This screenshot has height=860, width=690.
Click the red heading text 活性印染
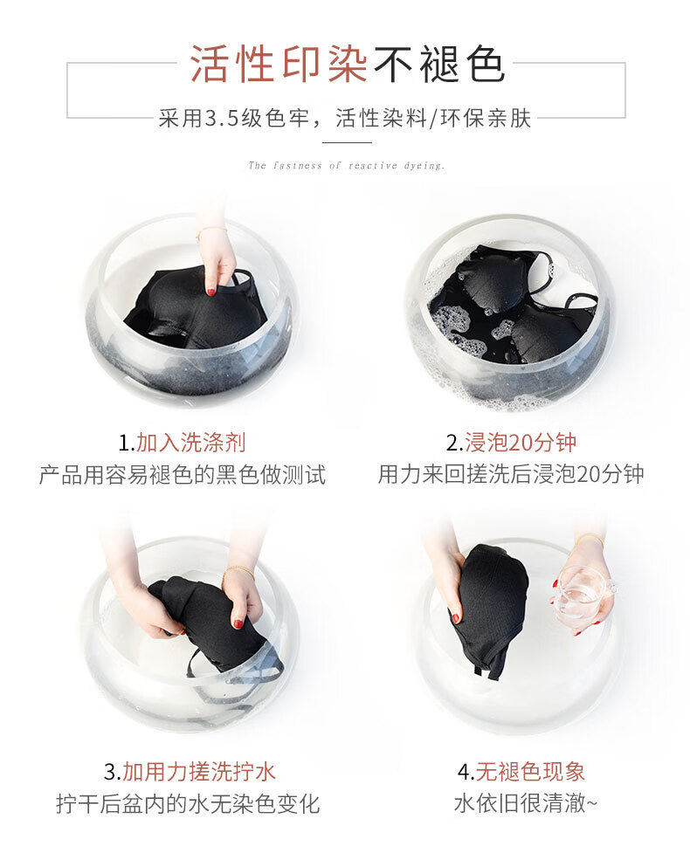pyautogui.click(x=279, y=64)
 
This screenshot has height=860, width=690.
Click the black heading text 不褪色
pyautogui.click(x=438, y=64)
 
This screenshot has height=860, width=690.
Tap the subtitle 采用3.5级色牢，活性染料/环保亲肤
pyautogui.click(x=345, y=118)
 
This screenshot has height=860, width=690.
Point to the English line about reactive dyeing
pyautogui.click(x=347, y=165)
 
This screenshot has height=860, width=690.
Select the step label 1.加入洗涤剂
pyautogui.click(x=182, y=443)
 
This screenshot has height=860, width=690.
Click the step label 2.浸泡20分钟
pyautogui.click(x=511, y=443)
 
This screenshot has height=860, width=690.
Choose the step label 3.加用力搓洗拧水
pyautogui.click(x=190, y=772)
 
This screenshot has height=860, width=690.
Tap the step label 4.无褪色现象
pyautogui.click(x=521, y=772)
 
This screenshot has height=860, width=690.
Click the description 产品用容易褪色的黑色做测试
pyautogui.click(x=182, y=474)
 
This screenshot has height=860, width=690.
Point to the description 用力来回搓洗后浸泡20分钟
pyautogui.click(x=511, y=474)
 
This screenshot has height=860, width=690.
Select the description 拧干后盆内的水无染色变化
pyautogui.click(x=188, y=804)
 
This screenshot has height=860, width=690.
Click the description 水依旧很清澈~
pyautogui.click(x=525, y=804)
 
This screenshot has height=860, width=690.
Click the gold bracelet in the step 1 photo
pyautogui.click(x=210, y=232)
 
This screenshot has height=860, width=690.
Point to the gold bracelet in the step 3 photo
pyautogui.click(x=239, y=572)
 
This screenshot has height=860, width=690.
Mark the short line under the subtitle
pyautogui.click(x=347, y=142)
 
